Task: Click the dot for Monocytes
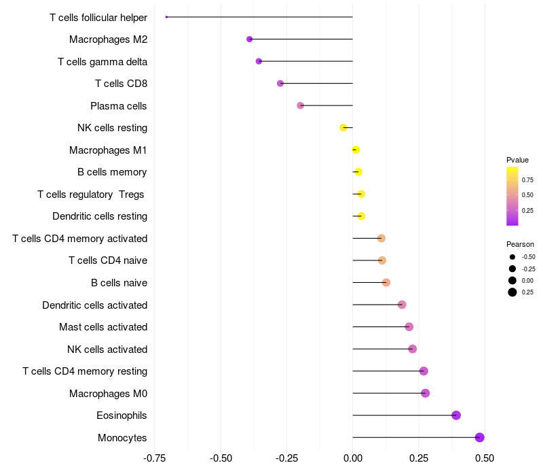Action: pos(480,437)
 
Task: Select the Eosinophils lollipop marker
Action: pos(456,415)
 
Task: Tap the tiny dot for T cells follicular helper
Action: pos(166,17)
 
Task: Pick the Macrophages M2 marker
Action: pos(250,39)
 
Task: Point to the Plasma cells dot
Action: pos(301,105)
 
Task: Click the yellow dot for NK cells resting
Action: pos(343,128)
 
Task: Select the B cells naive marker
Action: pos(386,282)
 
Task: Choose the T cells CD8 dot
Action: pos(280,84)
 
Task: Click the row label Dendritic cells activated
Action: pos(94,305)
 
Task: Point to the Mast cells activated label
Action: pos(103,327)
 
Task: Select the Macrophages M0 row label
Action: pos(109,393)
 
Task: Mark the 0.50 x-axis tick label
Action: pos(485,458)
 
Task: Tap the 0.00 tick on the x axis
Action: pos(353,458)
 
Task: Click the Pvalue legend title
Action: pos(517,160)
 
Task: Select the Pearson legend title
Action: pos(520,244)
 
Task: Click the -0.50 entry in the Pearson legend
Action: pos(528,257)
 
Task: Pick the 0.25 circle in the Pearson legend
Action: pos(512,292)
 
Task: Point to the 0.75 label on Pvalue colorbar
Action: pos(527,180)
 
